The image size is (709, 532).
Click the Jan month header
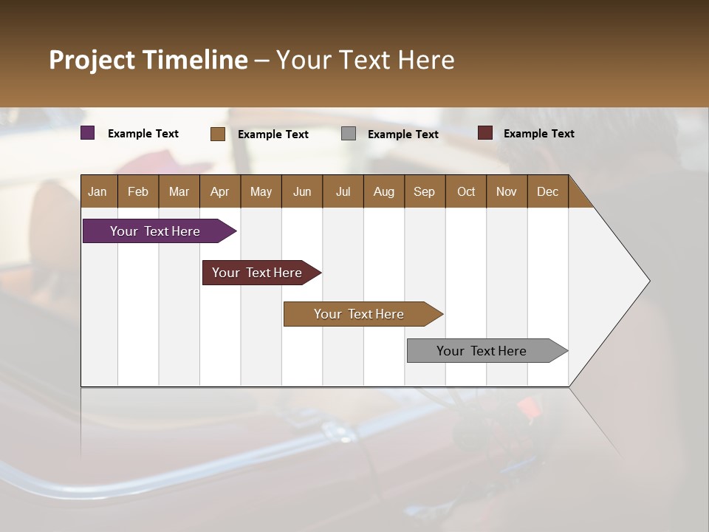97,191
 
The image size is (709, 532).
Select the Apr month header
220,191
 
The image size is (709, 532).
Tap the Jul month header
343,191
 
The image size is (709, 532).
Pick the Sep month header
424,191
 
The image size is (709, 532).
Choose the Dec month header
547,191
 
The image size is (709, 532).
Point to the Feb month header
138,191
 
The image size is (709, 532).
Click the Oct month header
466,191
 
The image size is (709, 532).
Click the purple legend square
88,133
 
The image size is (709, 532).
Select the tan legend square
218,134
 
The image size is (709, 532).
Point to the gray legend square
349,134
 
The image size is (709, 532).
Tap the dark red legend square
485,133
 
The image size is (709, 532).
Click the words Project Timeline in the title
148,60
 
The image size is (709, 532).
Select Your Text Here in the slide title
366,60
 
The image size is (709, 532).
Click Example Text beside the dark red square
538,134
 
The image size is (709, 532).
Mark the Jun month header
302,191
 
